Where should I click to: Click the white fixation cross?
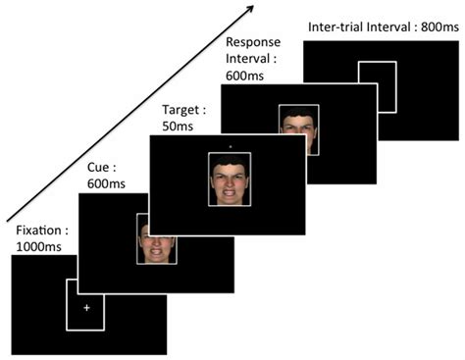86,308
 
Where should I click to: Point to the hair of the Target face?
230,161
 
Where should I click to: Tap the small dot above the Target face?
230,146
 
